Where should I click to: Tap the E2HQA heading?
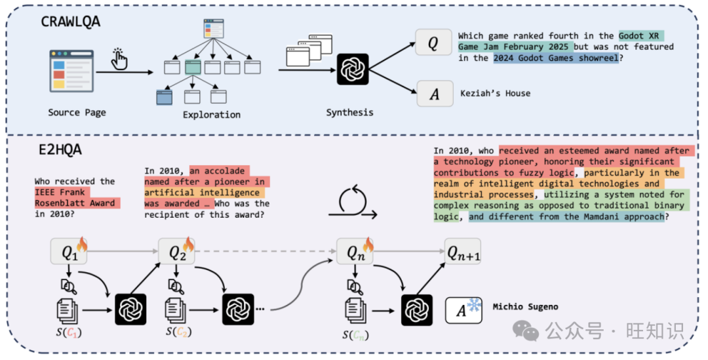point(59,150)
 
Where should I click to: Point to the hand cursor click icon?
point(121,58)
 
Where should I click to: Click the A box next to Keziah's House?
point(434,94)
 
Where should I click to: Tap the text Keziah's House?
point(495,94)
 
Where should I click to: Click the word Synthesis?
point(349,112)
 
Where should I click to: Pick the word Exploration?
point(212,115)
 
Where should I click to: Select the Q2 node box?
point(176,251)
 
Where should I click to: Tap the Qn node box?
point(354,251)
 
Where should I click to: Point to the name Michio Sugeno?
point(525,307)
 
